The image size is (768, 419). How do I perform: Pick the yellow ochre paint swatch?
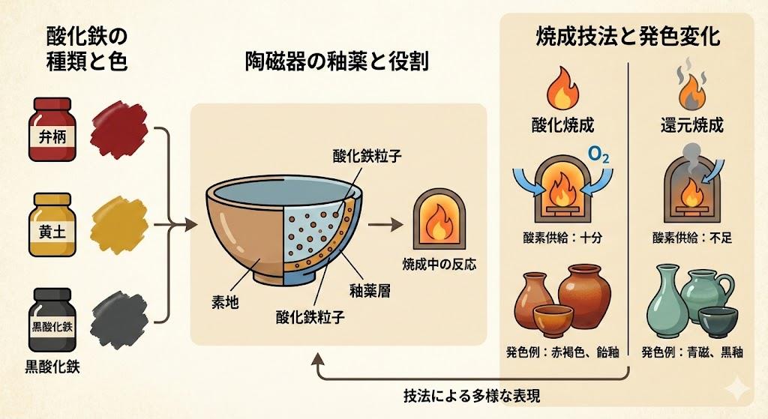click(x=120, y=220)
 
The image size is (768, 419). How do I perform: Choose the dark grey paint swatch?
click(x=120, y=315)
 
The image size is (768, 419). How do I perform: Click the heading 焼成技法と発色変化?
click(x=628, y=35)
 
